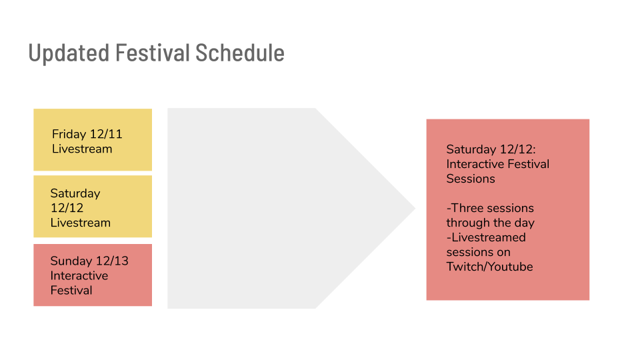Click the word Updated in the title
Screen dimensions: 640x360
pyautogui.click(x=69, y=53)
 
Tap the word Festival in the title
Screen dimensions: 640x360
pyautogui.click(x=153, y=53)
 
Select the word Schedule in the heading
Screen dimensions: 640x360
pyautogui.click(x=240, y=53)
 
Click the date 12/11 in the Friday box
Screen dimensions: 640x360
pyautogui.click(x=106, y=134)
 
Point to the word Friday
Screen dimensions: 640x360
pyautogui.click(x=69, y=134)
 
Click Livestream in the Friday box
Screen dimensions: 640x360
pyautogui.click(x=82, y=149)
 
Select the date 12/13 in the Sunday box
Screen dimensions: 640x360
pyautogui.click(x=112, y=261)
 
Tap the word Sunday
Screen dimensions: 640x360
pyautogui.click(x=71, y=261)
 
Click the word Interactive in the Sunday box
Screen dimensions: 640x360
pyautogui.click(x=79, y=275)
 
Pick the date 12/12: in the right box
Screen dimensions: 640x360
pyautogui.click(x=518, y=149)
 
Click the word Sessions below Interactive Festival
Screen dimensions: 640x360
pyautogui.click(x=471, y=179)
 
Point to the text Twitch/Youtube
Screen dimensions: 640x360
pyautogui.click(x=489, y=267)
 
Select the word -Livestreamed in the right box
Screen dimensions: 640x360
pyautogui.click(x=486, y=237)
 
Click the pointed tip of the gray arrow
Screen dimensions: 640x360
pyautogui.click(x=415, y=208)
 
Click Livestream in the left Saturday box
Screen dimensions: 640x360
pyautogui.click(x=81, y=223)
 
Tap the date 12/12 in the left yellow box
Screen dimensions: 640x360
pyautogui.click(x=67, y=208)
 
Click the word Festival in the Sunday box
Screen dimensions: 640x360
pyautogui.click(x=71, y=290)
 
